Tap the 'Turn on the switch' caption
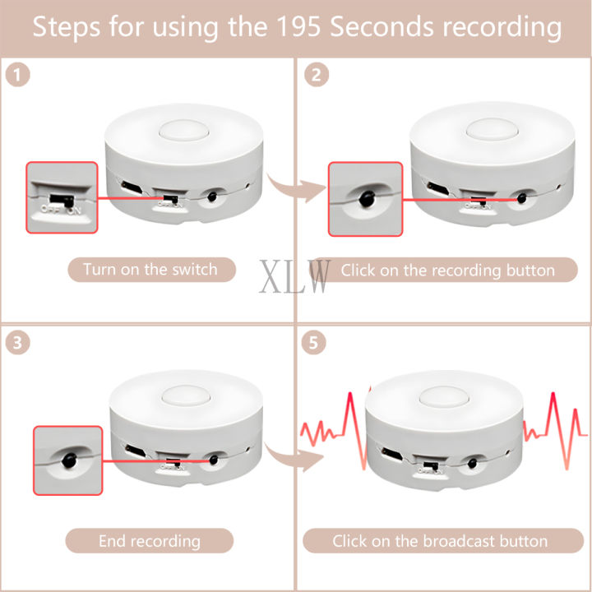pyautogui.click(x=151, y=270)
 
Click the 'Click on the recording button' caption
pyautogui.click(x=447, y=270)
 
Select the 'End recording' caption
pyautogui.click(x=150, y=540)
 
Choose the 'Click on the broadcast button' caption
pyautogui.click(x=440, y=540)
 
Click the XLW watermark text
pyautogui.click(x=295, y=277)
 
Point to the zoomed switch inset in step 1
pyautogui.click(x=62, y=198)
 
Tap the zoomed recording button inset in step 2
pyautogui.click(x=365, y=198)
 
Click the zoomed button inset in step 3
pyautogui.click(x=67, y=460)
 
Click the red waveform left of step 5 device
pyautogui.click(x=329, y=428)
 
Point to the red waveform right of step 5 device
pyautogui.click(x=556, y=423)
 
